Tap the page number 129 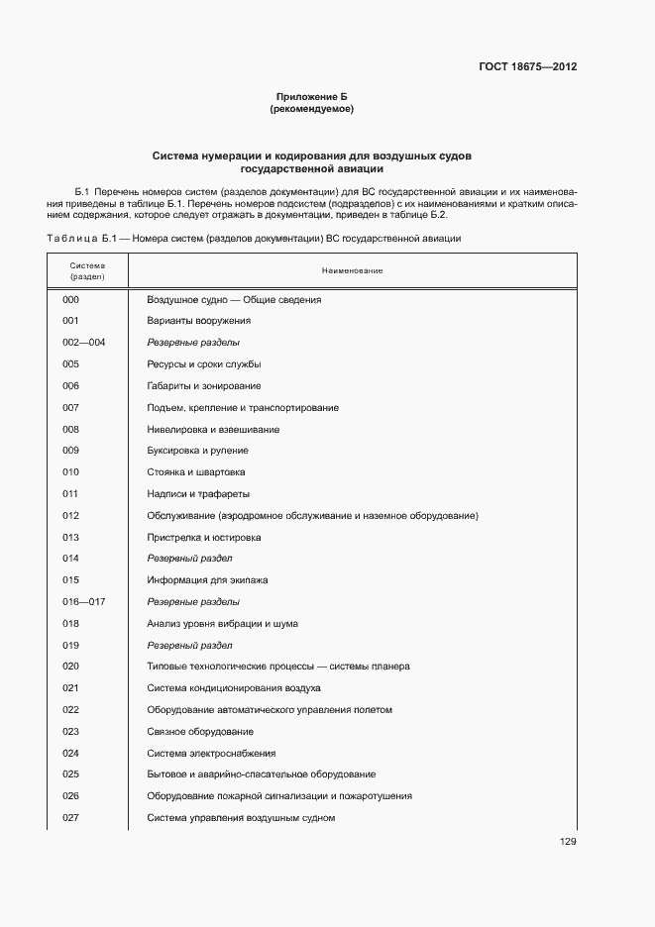(568, 842)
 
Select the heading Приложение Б (312, 96)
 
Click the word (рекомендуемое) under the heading (312, 109)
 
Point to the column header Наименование (352, 270)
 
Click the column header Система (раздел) (87, 270)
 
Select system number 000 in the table (70, 299)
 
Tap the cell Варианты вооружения (198, 321)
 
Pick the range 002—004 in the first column (83, 343)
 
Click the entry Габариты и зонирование (204, 385)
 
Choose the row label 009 (70, 451)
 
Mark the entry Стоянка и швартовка (196, 472)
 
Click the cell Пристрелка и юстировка (204, 538)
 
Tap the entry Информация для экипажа (207, 580)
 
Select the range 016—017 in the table (83, 602)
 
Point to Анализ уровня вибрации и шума (222, 624)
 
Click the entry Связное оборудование (200, 732)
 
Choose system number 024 (70, 754)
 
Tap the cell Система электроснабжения (211, 754)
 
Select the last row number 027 (70, 818)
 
